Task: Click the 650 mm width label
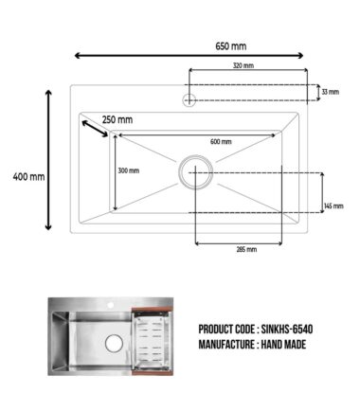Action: click(231, 46)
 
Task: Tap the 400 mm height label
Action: click(28, 177)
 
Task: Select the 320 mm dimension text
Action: click(243, 65)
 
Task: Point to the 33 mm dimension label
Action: click(331, 92)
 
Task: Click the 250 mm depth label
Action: click(117, 120)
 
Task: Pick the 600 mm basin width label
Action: click(221, 142)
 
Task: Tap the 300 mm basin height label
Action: click(129, 170)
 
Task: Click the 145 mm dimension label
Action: click(333, 206)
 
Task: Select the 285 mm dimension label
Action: click(246, 249)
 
